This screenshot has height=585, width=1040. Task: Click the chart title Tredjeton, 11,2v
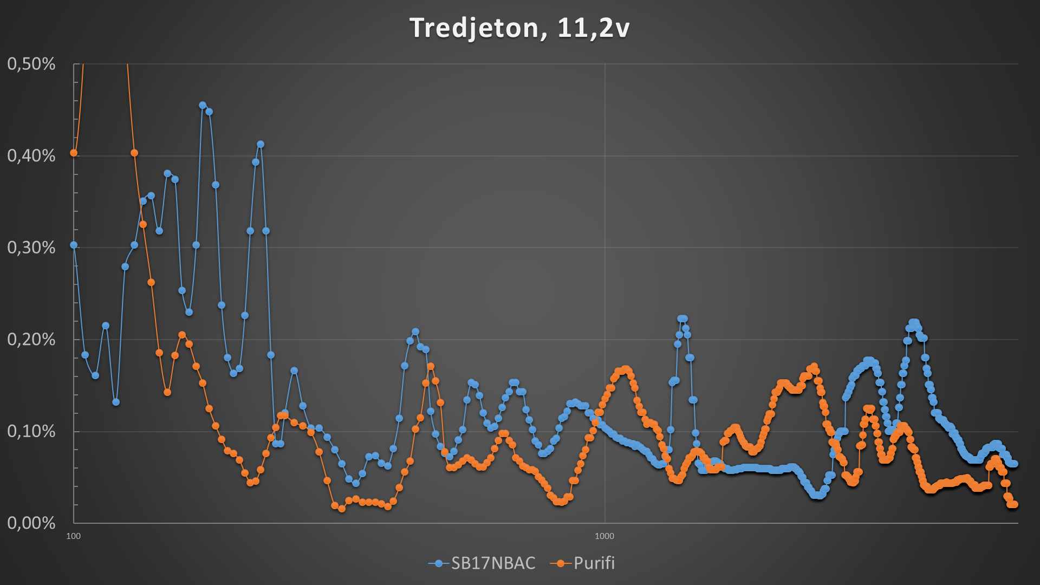pyautogui.click(x=519, y=28)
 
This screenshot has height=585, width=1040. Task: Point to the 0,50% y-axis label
pyautogui.click(x=31, y=64)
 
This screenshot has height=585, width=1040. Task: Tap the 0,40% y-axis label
pyautogui.click(x=31, y=156)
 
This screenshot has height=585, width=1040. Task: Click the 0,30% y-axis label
pyautogui.click(x=31, y=248)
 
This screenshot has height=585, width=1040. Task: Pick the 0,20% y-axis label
pyautogui.click(x=31, y=340)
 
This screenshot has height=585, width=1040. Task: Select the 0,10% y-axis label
pyautogui.click(x=31, y=431)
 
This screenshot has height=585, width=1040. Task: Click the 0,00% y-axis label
pyautogui.click(x=31, y=523)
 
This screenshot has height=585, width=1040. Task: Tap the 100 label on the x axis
pyautogui.click(x=73, y=536)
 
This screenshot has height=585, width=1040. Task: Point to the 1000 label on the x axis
pyautogui.click(x=604, y=536)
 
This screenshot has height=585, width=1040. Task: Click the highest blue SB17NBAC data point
pyautogui.click(x=203, y=105)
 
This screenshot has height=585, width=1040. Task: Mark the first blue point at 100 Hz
pyautogui.click(x=74, y=245)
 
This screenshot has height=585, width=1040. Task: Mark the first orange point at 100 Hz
pyautogui.click(x=74, y=153)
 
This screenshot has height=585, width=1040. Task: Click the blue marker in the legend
pyautogui.click(x=439, y=563)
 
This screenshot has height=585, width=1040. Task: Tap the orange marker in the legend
pyautogui.click(x=561, y=563)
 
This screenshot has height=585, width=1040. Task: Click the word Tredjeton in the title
pyautogui.click(x=474, y=28)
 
